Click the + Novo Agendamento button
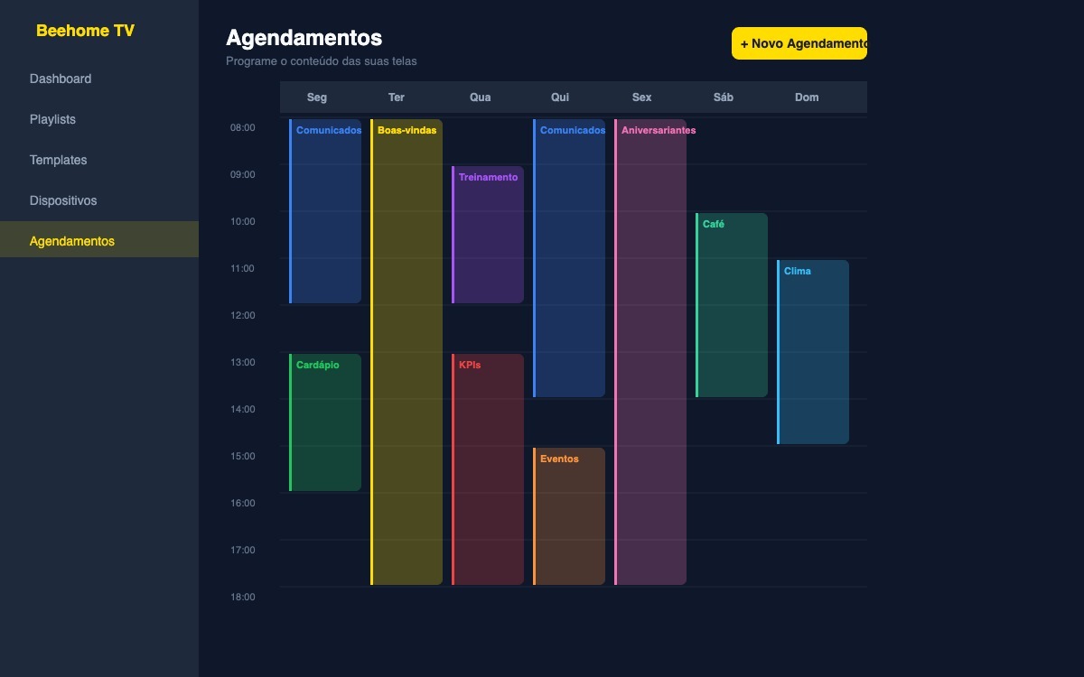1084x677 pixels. [x=799, y=43]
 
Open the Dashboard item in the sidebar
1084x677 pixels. [x=61, y=79]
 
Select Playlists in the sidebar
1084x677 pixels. [x=52, y=119]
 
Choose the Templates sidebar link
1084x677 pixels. [x=58, y=160]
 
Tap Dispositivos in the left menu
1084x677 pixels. [x=63, y=200]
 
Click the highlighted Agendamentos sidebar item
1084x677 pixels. [x=72, y=241]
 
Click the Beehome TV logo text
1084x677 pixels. [x=85, y=31]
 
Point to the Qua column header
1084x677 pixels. [x=480, y=97]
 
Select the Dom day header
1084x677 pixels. [x=807, y=97]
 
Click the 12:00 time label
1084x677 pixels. [x=242, y=315]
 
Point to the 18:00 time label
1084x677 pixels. [x=242, y=597]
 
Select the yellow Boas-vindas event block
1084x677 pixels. [x=406, y=352]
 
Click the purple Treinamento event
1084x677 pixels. [x=488, y=235]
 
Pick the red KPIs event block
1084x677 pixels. [x=488, y=469]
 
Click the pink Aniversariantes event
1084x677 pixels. [x=650, y=352]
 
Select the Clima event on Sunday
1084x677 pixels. [x=813, y=352]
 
